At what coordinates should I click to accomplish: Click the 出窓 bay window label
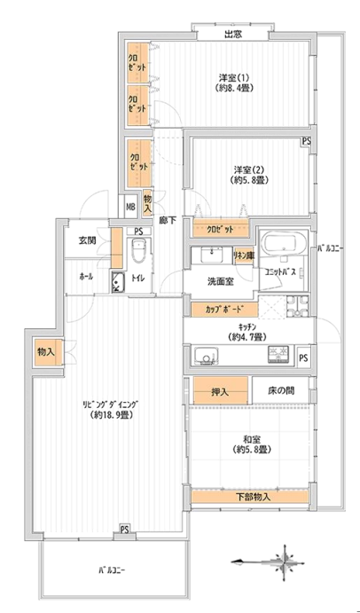[x=232, y=35]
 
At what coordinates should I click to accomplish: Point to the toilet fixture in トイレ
[x=137, y=251]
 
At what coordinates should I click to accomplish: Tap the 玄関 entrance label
[x=88, y=240]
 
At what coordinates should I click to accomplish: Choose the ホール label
[x=86, y=277]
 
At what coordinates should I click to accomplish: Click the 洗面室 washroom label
[x=221, y=281]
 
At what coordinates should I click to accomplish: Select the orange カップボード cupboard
[x=224, y=310]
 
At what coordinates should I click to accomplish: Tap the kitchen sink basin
[x=205, y=356]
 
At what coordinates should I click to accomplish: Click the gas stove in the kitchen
[x=278, y=355]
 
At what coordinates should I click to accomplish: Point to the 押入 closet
[x=221, y=390]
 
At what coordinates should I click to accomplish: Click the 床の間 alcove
[x=281, y=389]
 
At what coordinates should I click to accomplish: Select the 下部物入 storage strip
[x=250, y=498]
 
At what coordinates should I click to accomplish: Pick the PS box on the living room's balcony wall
[x=124, y=530]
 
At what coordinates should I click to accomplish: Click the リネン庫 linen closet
[x=245, y=256]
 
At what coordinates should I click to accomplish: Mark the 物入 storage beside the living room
[x=45, y=352]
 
